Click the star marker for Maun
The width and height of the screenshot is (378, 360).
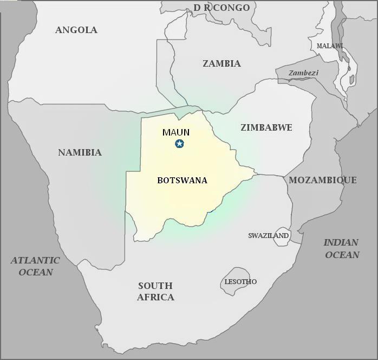click(x=179, y=144)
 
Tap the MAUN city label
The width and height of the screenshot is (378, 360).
click(x=176, y=132)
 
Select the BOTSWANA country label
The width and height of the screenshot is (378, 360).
click(x=182, y=181)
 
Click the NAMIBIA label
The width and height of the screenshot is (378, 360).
click(x=80, y=152)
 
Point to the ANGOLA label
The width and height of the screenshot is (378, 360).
click(x=76, y=30)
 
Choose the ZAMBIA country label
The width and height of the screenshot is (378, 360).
click(x=221, y=63)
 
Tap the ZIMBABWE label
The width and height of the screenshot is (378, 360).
click(x=266, y=127)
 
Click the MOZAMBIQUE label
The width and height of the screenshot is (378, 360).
click(x=322, y=180)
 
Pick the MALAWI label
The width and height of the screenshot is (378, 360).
click(x=330, y=46)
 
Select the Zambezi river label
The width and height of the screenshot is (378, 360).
click(x=303, y=73)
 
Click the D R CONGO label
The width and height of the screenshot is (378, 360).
click(x=221, y=8)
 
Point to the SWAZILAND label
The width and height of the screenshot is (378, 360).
click(x=268, y=236)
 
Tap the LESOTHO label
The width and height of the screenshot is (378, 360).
click(x=240, y=282)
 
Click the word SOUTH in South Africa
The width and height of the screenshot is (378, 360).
click(x=155, y=286)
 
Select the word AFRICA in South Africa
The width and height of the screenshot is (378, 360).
click(x=155, y=297)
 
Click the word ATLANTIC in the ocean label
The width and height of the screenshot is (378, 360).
click(x=35, y=261)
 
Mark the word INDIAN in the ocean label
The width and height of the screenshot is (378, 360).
click(x=341, y=243)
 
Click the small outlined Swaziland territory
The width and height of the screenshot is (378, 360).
click(x=282, y=237)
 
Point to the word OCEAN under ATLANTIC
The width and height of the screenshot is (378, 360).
click(x=36, y=272)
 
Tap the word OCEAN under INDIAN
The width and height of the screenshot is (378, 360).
click(x=342, y=255)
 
